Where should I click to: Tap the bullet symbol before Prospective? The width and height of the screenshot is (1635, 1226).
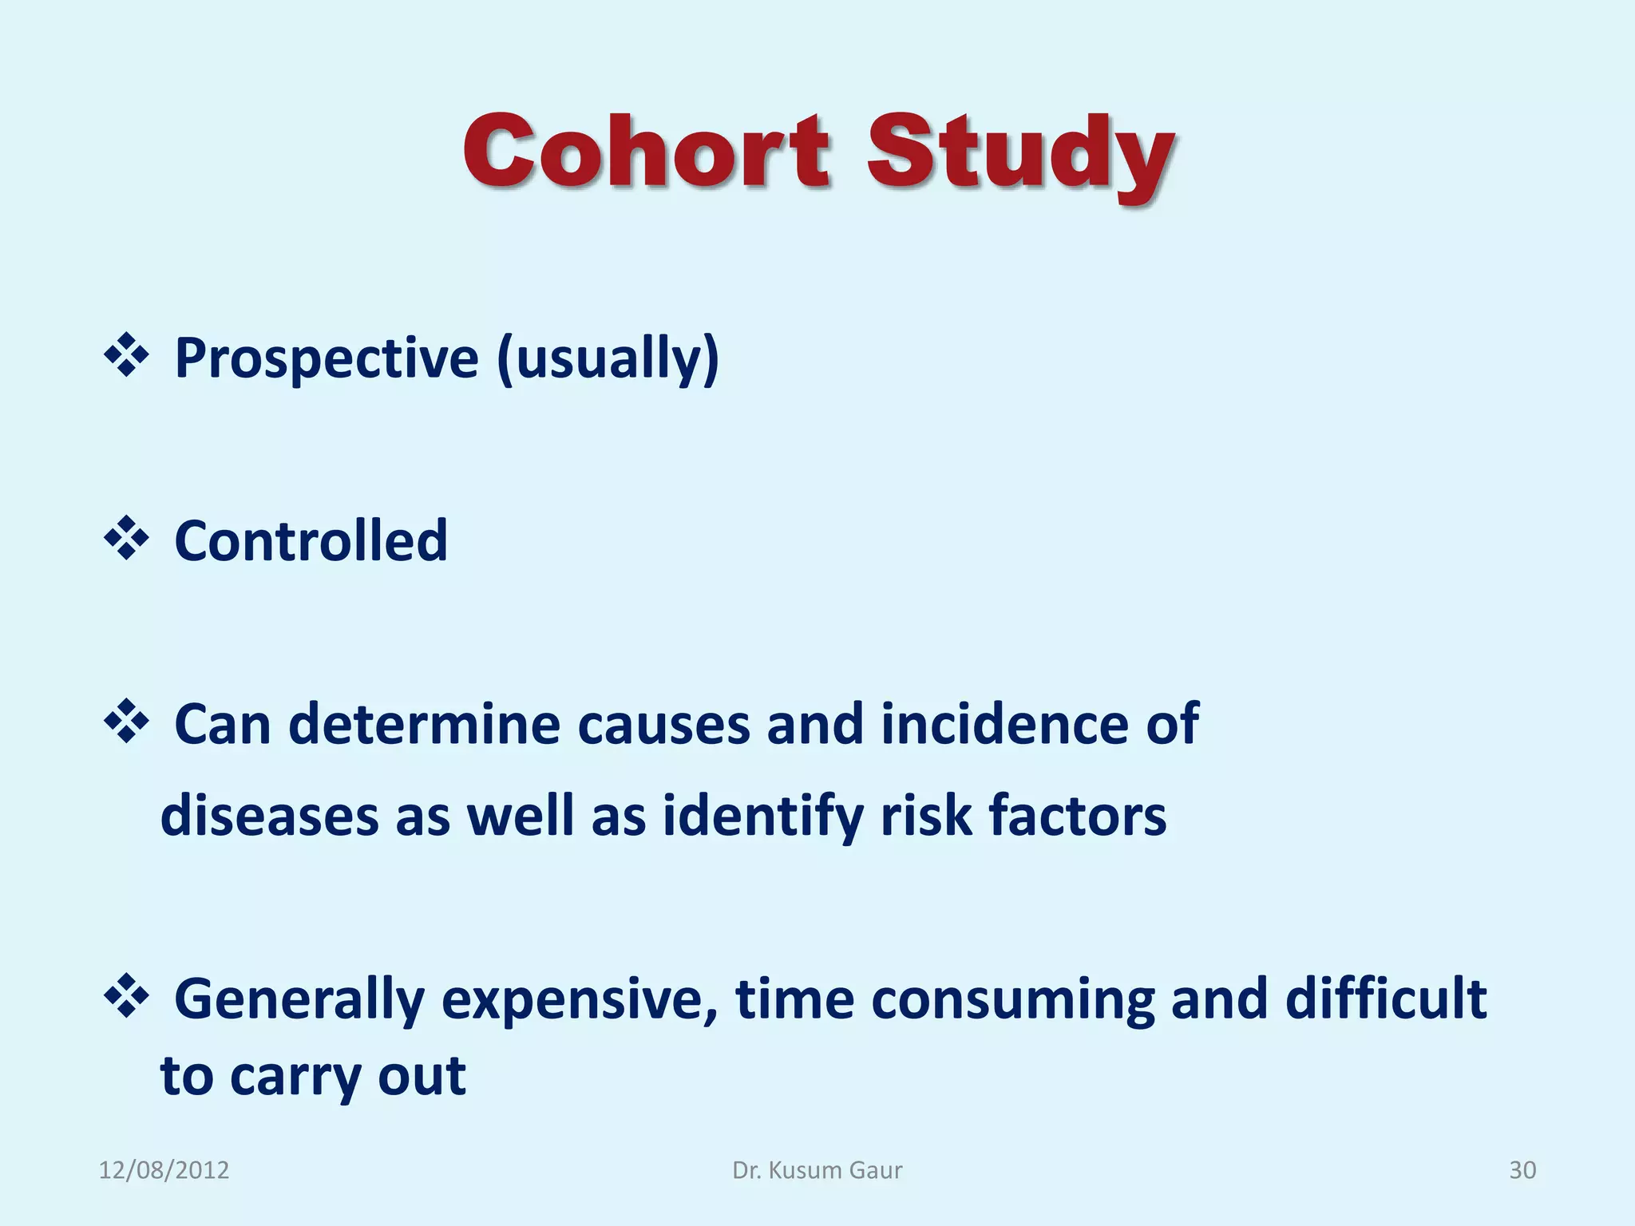click(x=126, y=356)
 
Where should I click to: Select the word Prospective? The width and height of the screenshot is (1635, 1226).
click(x=326, y=359)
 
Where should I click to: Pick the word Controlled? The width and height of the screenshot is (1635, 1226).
click(x=311, y=541)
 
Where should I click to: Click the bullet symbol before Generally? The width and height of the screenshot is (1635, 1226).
click(x=126, y=996)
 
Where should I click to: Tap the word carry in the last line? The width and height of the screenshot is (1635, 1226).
click(x=296, y=1078)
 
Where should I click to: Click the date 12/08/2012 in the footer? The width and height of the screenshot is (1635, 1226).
click(x=164, y=1170)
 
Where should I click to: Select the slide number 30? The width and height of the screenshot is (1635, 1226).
click(x=1522, y=1170)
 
